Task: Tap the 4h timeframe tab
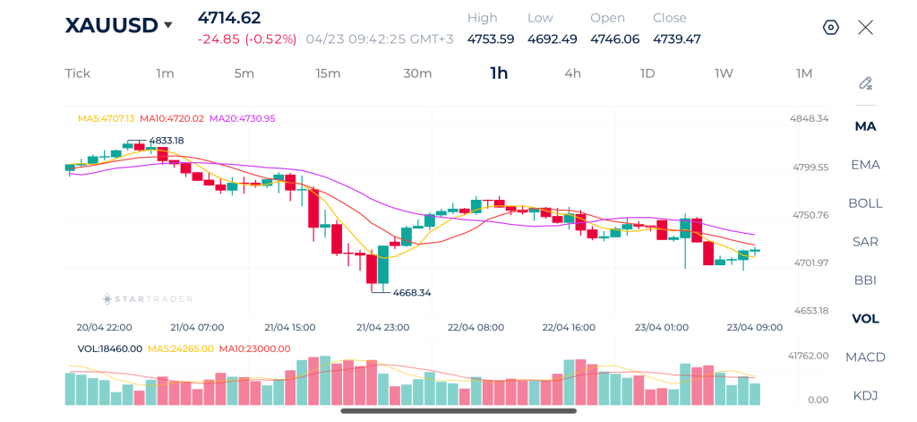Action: (572, 73)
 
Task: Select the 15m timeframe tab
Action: (328, 73)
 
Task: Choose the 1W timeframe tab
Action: (724, 73)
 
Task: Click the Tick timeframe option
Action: (78, 73)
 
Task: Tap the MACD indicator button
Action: (865, 357)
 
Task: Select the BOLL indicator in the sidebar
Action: (865, 203)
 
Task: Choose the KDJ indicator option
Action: (865, 396)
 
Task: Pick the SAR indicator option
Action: (865, 242)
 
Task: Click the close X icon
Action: (865, 28)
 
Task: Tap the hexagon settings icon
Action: (831, 28)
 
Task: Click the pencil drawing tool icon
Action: (865, 84)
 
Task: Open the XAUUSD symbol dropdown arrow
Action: (167, 26)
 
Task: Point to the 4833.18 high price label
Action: (166, 141)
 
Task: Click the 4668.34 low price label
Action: (412, 293)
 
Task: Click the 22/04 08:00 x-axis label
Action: (477, 327)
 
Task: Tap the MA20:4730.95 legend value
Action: (242, 118)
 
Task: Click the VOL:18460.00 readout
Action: (110, 349)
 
